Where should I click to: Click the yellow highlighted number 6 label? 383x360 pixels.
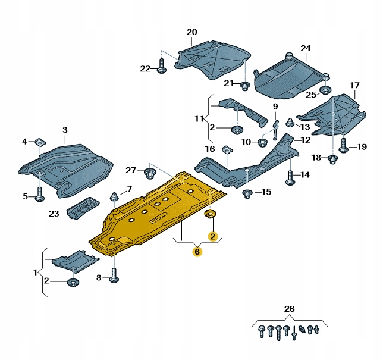pos(197,252)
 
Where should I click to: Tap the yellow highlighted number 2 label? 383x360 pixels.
pos(212,236)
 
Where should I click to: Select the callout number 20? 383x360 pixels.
pos(191,32)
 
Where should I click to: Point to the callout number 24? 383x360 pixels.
pos(305,48)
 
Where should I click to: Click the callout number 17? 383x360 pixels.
pos(354,86)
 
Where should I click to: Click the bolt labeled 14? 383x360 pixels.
pos(290,177)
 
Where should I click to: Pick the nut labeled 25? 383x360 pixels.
pos(325,91)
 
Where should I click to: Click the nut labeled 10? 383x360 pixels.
pos(262,142)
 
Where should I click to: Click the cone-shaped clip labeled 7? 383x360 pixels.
pos(113,196)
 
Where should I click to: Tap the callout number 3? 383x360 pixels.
pos(65,130)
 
